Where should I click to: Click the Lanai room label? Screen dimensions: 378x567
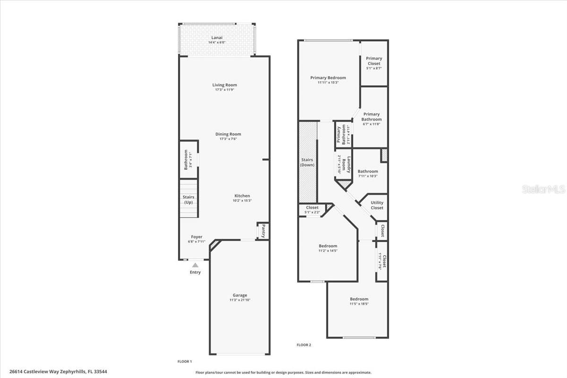point(217,37)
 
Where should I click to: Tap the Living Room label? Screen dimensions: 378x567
point(224,85)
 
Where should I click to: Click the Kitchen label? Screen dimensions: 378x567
point(242,196)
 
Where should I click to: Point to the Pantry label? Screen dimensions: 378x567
point(263,232)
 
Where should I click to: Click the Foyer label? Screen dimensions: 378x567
point(197,237)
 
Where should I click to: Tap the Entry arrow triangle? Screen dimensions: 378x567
point(195,265)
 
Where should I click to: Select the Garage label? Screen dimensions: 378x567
point(240,295)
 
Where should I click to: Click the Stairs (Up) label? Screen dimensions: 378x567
point(189,200)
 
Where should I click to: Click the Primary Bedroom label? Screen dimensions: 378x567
point(328,77)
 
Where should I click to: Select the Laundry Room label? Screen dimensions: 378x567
point(349,165)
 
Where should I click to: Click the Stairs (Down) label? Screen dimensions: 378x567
point(307,162)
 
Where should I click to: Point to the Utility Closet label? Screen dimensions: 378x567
point(377,205)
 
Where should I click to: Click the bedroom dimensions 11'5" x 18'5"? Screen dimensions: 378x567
point(359,304)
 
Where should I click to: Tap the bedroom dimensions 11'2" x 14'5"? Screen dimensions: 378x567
point(328,251)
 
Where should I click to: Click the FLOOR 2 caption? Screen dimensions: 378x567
point(304,345)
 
